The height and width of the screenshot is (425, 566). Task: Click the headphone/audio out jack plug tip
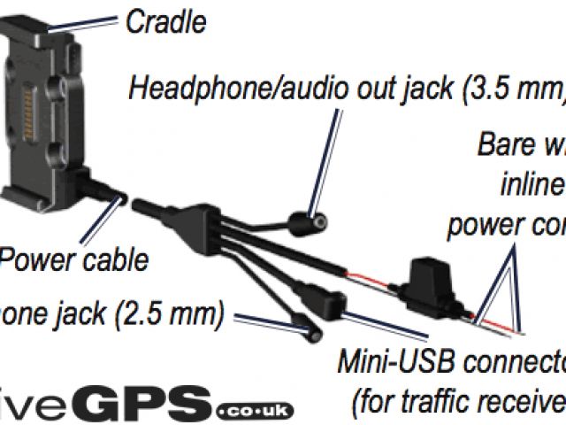click(x=311, y=216)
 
